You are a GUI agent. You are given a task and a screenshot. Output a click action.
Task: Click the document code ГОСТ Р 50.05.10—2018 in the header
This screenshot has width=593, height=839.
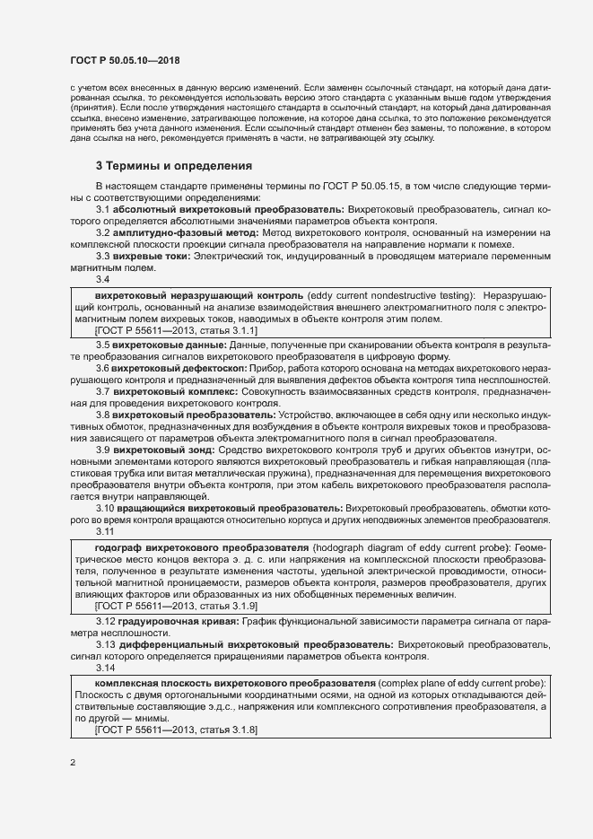tap(125, 61)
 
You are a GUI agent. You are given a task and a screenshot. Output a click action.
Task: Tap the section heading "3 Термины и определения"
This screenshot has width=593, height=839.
tap(173, 166)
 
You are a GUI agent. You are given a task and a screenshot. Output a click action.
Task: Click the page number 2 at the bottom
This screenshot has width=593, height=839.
tap(73, 764)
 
